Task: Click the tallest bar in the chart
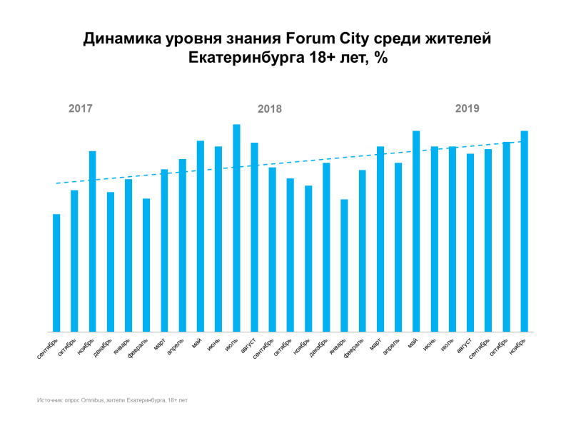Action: point(236,228)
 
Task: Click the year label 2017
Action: point(81,109)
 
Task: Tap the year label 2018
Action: point(270,109)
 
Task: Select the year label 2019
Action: point(468,108)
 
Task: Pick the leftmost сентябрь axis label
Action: point(49,348)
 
